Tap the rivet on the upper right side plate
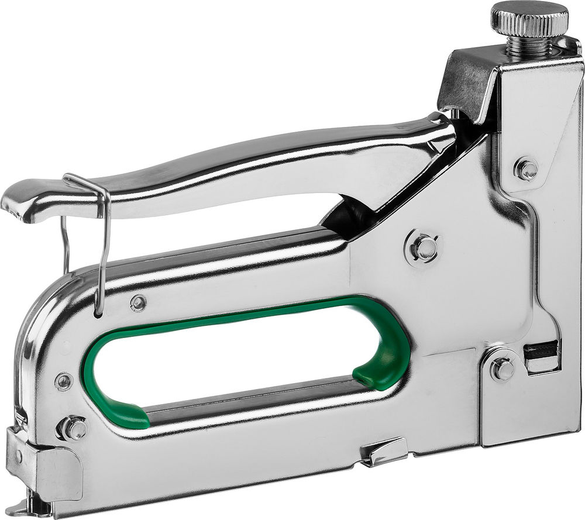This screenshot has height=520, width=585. (526, 170)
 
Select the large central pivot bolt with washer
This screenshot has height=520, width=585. (424, 249)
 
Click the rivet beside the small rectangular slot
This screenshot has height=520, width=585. (502, 369)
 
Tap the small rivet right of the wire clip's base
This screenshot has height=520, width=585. (139, 302)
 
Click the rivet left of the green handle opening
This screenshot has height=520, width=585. (64, 381)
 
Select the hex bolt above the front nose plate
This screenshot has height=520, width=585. (74, 429)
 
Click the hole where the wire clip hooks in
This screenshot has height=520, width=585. (98, 315)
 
